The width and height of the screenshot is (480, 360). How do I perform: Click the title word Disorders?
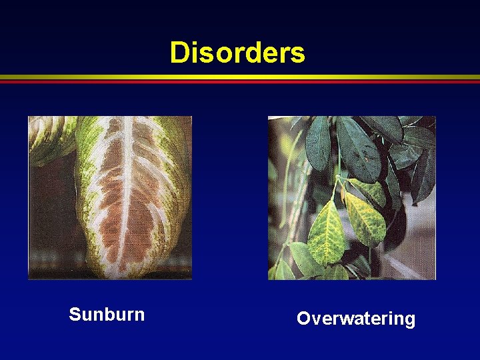tap(237, 52)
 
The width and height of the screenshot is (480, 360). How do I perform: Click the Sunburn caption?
tap(107, 314)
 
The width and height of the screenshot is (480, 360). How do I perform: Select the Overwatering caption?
tap(355, 319)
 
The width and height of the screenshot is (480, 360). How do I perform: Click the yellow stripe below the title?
tap(240, 77)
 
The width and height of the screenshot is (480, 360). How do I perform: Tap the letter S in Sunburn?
tap(74, 314)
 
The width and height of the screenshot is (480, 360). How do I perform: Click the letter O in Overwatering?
tap(303, 319)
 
